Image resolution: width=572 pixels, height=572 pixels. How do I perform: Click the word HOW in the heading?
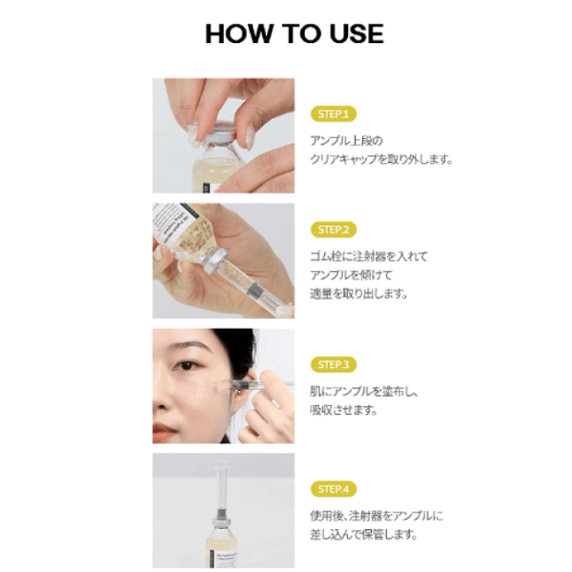239,33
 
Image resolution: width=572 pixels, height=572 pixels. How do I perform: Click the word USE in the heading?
357,33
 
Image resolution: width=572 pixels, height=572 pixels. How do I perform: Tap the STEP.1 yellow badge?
334,114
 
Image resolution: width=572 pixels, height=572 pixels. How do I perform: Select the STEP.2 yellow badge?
334,230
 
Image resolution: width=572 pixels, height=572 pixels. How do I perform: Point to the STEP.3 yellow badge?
334,365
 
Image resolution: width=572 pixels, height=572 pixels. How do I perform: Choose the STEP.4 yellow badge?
334,489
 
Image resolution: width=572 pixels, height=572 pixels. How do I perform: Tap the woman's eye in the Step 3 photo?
186,365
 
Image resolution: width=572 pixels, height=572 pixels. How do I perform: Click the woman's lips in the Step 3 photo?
163,431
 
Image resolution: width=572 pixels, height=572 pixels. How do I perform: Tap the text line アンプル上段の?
346,141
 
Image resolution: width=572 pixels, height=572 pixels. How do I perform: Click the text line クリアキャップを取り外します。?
381,159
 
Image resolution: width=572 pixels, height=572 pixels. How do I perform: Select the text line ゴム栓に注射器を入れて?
369,257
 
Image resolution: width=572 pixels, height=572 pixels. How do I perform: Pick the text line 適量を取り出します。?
359,293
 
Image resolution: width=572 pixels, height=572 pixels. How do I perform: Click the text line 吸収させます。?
344,410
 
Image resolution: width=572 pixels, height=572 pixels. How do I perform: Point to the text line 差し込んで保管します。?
364,535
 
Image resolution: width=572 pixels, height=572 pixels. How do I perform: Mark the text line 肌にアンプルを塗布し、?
364,392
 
